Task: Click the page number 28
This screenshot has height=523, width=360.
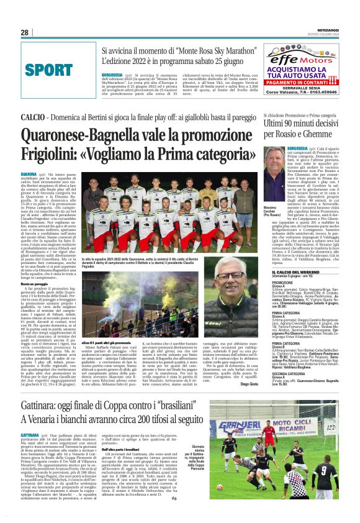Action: pyautogui.click(x=25, y=32)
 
